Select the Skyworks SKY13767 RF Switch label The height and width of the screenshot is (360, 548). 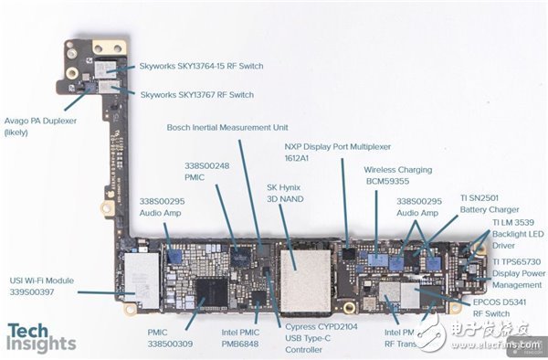pyautogui.click(x=196, y=94)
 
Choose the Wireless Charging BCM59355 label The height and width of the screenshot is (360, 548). pyautogui.click(x=398, y=175)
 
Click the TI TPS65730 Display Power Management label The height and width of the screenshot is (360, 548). pyautogui.click(x=517, y=272)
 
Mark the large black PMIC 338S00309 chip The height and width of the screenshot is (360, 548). pyautogui.click(x=212, y=291)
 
